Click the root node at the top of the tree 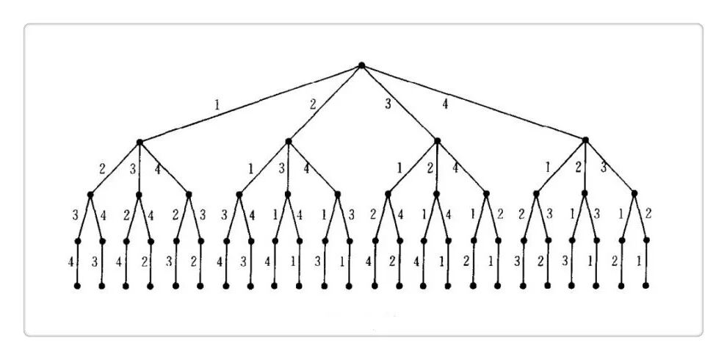(x=361, y=65)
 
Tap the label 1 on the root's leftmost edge (x=217, y=104)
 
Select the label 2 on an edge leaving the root (x=313, y=104)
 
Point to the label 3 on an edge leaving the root (x=389, y=104)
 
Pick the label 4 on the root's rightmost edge (x=445, y=104)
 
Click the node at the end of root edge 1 (x=139, y=141)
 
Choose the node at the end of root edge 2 (x=288, y=141)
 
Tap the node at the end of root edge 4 (x=585, y=140)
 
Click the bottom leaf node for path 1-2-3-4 (x=77, y=285)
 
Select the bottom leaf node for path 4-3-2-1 (x=646, y=285)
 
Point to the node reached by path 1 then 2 (x=90, y=195)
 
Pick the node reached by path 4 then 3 (x=634, y=194)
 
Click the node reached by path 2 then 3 (x=288, y=195)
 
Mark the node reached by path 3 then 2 (x=437, y=195)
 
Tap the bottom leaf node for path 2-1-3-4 (x=226, y=285)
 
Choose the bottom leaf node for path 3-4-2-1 (x=498, y=285)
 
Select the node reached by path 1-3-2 (x=126, y=240)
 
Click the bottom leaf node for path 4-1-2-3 (x=524, y=285)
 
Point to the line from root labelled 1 (x=250, y=103)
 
